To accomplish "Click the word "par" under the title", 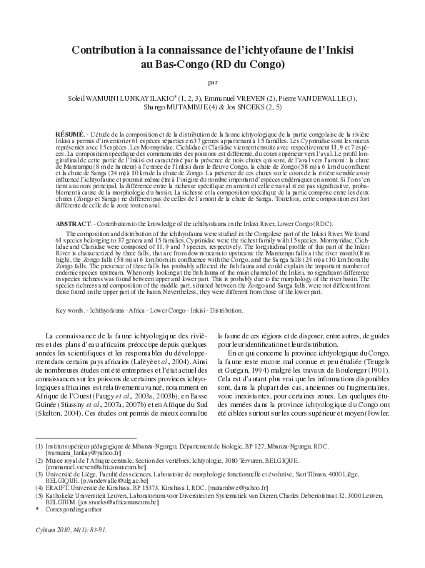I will point(213,82).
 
